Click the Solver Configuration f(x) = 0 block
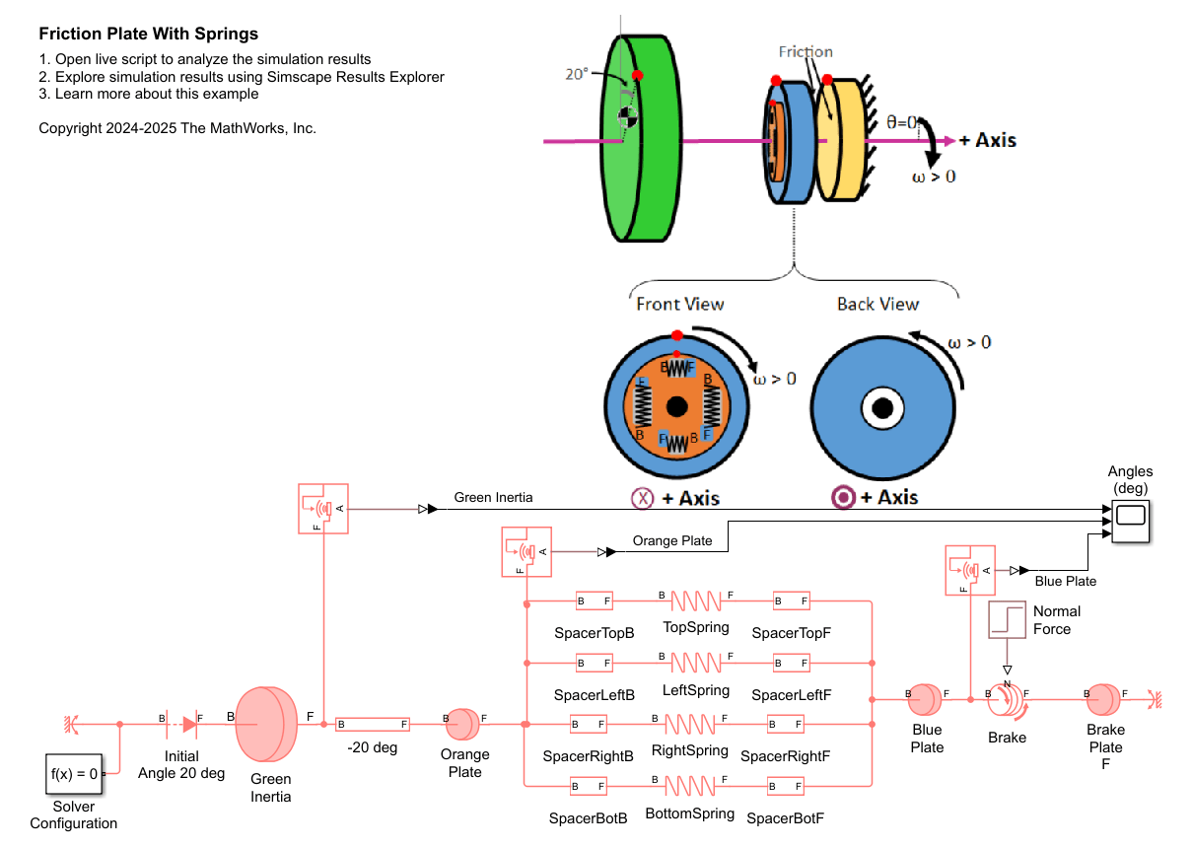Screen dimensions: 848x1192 click(73, 774)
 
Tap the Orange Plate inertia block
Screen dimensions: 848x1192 click(461, 725)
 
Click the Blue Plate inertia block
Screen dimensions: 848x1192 click(925, 699)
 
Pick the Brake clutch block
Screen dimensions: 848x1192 click(1007, 700)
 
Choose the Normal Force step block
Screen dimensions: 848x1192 click(1007, 619)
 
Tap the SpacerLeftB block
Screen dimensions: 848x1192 click(594, 664)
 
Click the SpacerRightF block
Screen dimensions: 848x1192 click(786, 725)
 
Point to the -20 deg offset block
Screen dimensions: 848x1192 click(372, 725)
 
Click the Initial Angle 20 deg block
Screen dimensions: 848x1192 click(182, 725)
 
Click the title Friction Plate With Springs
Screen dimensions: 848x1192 click(148, 35)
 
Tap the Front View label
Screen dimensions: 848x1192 click(679, 304)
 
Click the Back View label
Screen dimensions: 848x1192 click(877, 304)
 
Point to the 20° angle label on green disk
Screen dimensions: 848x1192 click(576, 74)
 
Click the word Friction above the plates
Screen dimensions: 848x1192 click(805, 52)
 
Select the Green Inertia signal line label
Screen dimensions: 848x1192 click(493, 498)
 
